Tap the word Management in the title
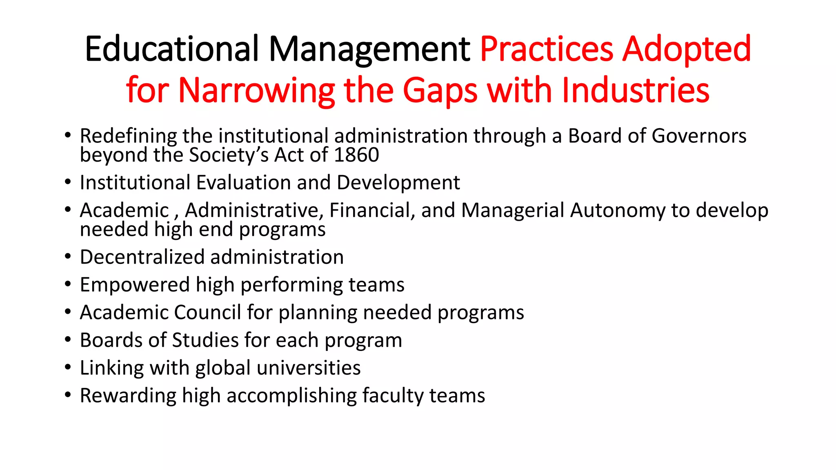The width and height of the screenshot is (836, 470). (x=369, y=50)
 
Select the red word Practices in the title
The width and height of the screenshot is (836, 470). (x=547, y=49)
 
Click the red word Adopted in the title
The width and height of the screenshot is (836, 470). (x=687, y=50)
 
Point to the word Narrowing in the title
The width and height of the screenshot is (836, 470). (x=256, y=91)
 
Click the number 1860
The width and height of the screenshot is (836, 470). (x=356, y=155)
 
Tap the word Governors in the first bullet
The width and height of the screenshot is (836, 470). (x=699, y=136)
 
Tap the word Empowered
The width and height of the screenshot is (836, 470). (x=135, y=285)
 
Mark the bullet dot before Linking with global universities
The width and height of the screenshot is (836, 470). (x=68, y=367)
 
